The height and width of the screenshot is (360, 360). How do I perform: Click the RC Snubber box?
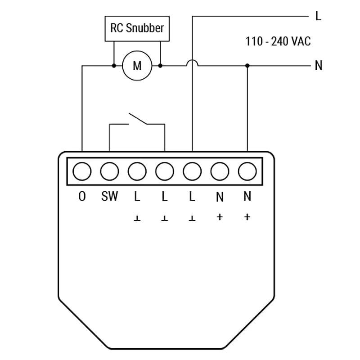[137, 28]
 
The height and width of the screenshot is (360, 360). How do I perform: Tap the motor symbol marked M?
[137, 66]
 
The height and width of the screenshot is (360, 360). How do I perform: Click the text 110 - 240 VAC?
[278, 42]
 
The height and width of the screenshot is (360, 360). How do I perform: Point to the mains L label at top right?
[319, 17]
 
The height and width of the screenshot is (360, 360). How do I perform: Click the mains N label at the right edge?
[319, 66]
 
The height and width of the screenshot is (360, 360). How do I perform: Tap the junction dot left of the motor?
[114, 66]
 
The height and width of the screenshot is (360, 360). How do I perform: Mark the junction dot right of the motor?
[160, 66]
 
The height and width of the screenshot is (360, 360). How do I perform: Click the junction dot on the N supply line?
[247, 66]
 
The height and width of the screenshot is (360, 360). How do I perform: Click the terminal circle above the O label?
[82, 171]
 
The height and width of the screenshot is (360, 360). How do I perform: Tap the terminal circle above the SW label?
[109, 171]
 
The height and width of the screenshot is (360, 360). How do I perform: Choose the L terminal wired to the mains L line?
[192, 171]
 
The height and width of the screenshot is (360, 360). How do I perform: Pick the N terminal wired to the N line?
[247, 171]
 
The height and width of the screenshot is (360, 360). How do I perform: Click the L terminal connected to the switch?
[165, 171]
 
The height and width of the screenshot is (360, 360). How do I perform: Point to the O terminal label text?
[82, 197]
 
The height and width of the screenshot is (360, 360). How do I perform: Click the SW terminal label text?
[109, 197]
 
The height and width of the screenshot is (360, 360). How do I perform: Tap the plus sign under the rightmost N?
[247, 217]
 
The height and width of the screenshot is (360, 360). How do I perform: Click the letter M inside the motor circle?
[137, 66]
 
